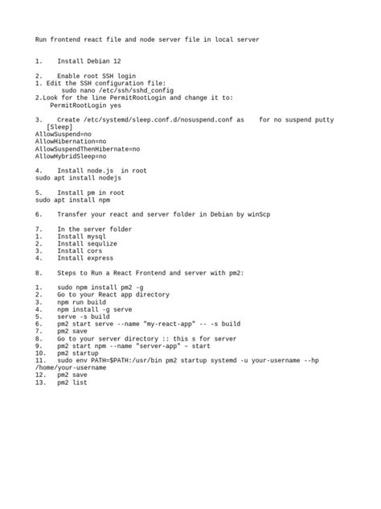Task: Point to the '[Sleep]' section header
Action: (x=60, y=126)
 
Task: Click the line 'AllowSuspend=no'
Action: (x=63, y=134)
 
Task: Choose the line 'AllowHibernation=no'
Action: (x=71, y=141)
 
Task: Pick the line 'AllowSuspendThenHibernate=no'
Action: (x=87, y=149)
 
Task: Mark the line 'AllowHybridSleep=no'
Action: (x=71, y=156)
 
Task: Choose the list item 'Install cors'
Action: (x=80, y=251)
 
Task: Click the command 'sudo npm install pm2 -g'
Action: (x=100, y=288)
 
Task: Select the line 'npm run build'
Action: (x=81, y=302)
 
